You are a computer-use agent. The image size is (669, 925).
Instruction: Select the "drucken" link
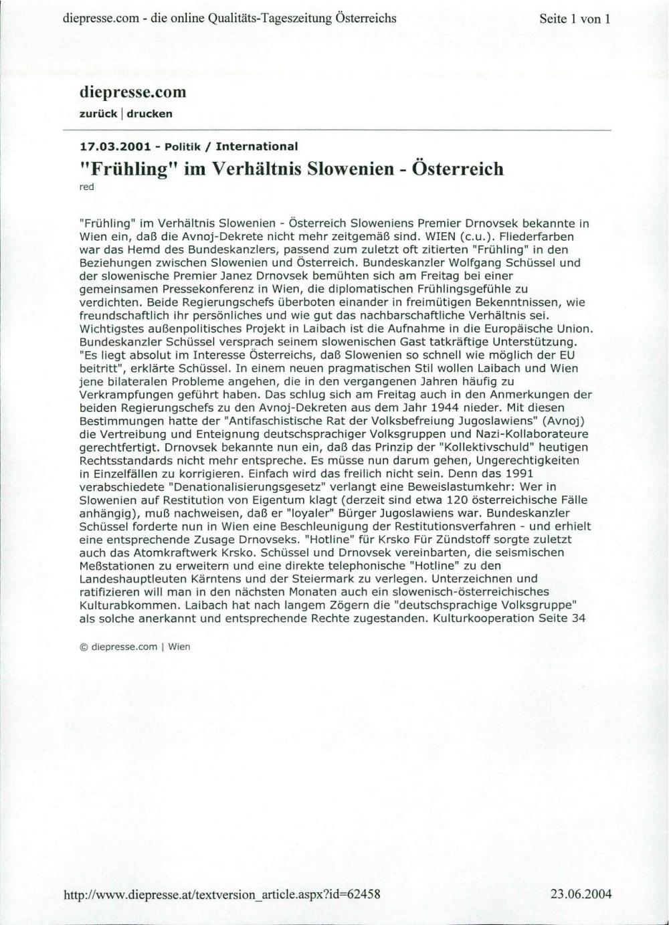[150, 114]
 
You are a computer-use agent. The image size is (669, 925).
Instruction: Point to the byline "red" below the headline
[87, 187]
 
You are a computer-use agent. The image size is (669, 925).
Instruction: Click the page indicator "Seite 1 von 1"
[575, 19]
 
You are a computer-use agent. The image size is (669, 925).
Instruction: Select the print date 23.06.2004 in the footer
[581, 894]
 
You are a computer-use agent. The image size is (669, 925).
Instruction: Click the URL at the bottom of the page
[221, 894]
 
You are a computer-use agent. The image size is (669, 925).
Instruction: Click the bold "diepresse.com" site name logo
[132, 92]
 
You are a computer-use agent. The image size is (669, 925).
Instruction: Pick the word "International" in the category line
[257, 146]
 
